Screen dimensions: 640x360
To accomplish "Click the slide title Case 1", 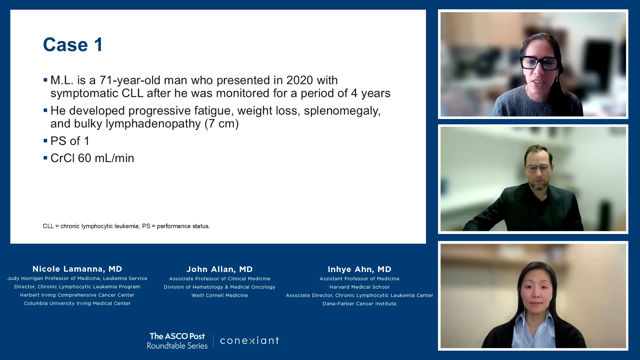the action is pos(73,45).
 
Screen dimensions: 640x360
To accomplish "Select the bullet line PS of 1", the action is pos(70,141).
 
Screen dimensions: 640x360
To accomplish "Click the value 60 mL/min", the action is pos(106,158).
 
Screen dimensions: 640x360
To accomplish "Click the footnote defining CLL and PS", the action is pos(126,226).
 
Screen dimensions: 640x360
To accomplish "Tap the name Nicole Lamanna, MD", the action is pos(77,269).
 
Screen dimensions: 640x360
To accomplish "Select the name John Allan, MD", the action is pos(220,269).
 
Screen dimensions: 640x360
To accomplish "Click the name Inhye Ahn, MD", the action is pos(359,269).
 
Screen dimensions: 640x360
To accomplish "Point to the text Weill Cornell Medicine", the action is pos(220,295).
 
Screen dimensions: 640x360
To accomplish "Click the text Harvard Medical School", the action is pos(359,287).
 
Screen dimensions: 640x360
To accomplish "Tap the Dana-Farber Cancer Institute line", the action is pos(359,304).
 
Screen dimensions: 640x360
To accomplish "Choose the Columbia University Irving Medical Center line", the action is pos(77,303).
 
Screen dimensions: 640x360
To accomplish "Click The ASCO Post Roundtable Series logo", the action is pos(177,341).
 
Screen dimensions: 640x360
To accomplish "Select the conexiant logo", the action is pos(249,340).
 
